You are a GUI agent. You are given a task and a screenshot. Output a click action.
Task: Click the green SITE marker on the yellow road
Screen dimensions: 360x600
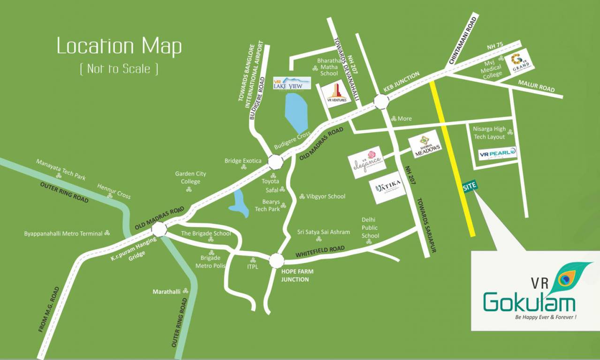pyautogui.click(x=470, y=186)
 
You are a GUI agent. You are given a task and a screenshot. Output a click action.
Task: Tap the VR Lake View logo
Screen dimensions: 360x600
pyautogui.click(x=292, y=83)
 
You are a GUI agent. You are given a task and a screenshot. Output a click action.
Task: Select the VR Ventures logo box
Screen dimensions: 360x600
pyautogui.click(x=336, y=94)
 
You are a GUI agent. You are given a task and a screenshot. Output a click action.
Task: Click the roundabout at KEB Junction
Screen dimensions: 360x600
pyautogui.click(x=381, y=102)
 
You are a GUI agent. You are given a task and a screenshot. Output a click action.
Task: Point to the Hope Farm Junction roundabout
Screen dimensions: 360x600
pyautogui.click(x=277, y=260)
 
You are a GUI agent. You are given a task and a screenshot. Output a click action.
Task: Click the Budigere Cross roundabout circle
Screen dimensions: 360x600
pyautogui.click(x=275, y=162)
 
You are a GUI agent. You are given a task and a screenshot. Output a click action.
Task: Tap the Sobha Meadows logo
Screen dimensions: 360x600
pyautogui.click(x=425, y=144)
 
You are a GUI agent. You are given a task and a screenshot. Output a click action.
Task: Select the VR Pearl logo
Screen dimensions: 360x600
pyautogui.click(x=497, y=153)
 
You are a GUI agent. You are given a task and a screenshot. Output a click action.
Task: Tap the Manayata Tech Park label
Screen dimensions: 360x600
pyautogui.click(x=61, y=169)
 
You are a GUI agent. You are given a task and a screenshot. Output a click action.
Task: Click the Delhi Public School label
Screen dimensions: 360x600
pyautogui.click(x=370, y=227)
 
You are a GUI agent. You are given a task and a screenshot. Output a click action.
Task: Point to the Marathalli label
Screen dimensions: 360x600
pyautogui.click(x=167, y=292)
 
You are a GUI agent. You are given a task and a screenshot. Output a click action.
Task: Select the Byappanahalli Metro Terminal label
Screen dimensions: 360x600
pyautogui.click(x=63, y=233)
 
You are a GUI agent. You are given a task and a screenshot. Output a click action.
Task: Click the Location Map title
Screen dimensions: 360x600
pyautogui.click(x=119, y=47)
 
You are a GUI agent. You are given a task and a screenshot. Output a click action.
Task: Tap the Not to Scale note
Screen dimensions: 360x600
pyautogui.click(x=119, y=68)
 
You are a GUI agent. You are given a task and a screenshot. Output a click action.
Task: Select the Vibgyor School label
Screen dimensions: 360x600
pyautogui.click(x=326, y=196)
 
